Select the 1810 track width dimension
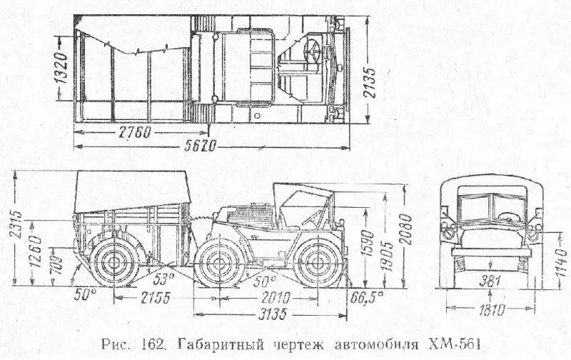(x=490, y=309)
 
